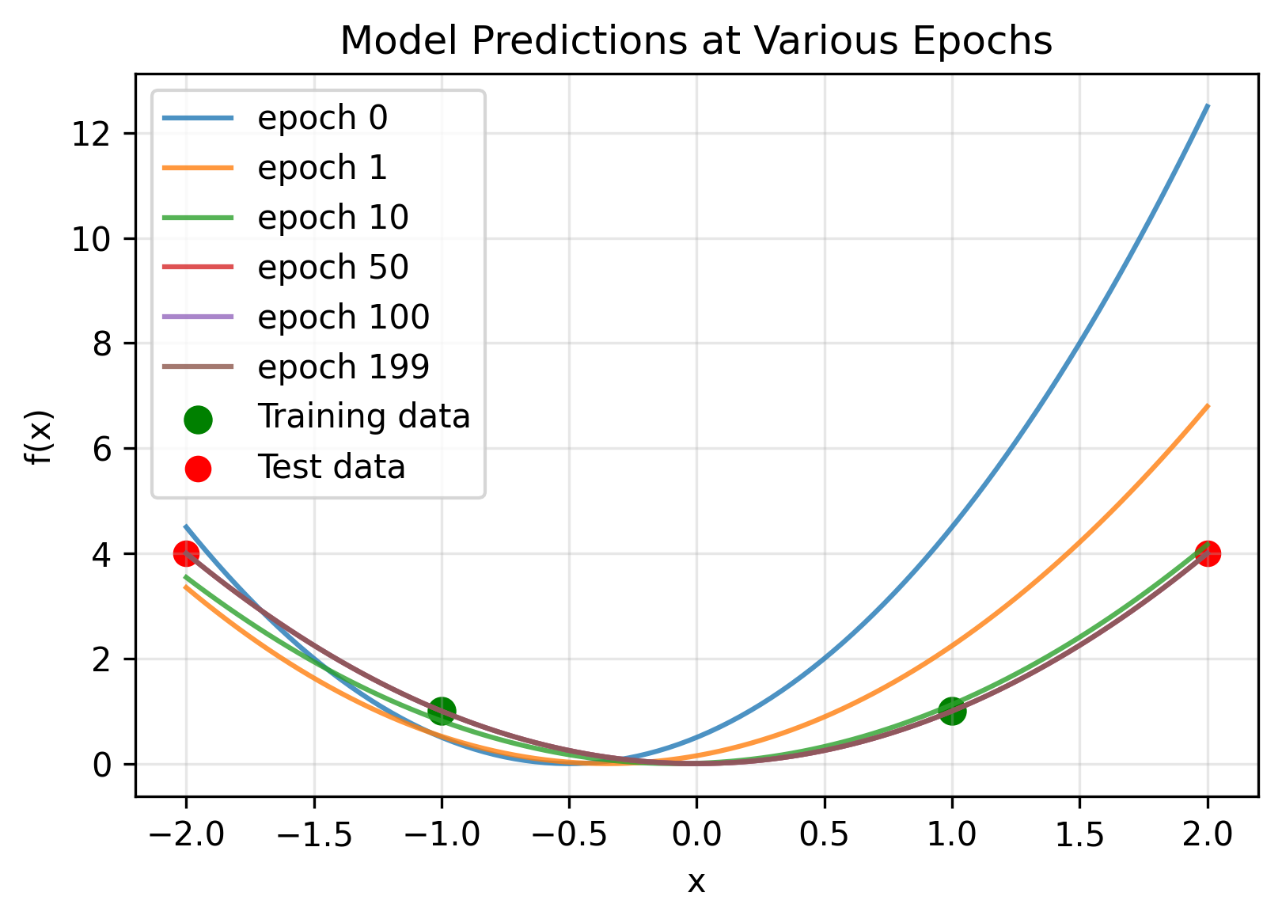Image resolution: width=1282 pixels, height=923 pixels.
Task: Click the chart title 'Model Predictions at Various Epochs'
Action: pyautogui.click(x=696, y=41)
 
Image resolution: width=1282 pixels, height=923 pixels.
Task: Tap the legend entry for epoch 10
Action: pyautogui.click(x=332, y=218)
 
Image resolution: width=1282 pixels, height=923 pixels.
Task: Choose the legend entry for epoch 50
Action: pyautogui.click(x=332, y=268)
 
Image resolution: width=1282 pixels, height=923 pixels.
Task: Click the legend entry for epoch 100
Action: pyautogui.click(x=343, y=317)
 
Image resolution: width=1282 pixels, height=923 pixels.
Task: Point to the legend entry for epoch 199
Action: pyautogui.click(x=343, y=367)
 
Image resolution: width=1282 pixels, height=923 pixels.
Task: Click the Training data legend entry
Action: pyautogui.click(x=363, y=417)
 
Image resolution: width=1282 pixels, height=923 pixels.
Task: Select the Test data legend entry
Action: pyautogui.click(x=331, y=467)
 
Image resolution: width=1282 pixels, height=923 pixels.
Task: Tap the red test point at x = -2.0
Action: pyautogui.click(x=186, y=553)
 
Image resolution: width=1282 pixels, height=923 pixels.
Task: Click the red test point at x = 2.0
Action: pyautogui.click(x=1207, y=553)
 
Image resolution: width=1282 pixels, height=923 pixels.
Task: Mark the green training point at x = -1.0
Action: pyautogui.click(x=442, y=711)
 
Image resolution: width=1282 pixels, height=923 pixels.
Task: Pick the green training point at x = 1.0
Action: pyautogui.click(x=952, y=711)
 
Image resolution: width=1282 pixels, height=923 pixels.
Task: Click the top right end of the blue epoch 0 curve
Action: pyautogui.click(x=1207, y=106)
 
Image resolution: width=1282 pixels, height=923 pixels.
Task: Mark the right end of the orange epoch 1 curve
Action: pyautogui.click(x=1207, y=406)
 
